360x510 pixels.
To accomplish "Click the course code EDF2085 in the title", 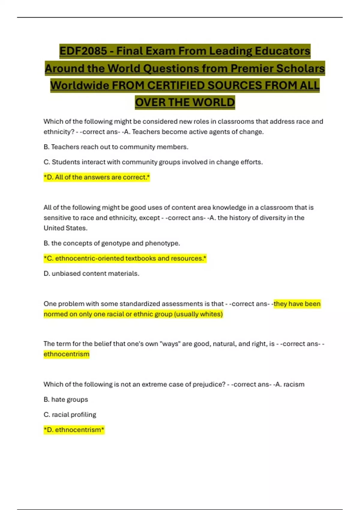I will [83, 51].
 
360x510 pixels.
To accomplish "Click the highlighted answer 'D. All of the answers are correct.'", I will [97, 177].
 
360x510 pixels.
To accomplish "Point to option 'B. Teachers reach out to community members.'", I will [116, 147].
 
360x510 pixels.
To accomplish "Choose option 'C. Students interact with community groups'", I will [153, 162].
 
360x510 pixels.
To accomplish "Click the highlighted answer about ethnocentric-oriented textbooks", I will [125, 258].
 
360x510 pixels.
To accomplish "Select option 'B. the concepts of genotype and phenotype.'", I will [112, 243].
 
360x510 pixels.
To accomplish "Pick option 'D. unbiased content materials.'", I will [91, 274].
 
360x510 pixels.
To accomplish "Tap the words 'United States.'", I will [65, 228].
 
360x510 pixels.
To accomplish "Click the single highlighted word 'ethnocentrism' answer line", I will [66, 354].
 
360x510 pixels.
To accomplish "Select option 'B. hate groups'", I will [66, 400].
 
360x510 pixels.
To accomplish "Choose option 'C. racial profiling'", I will [70, 415].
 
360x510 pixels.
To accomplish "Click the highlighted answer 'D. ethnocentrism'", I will [74, 430].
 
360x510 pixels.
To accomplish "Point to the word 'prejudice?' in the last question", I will [209, 384].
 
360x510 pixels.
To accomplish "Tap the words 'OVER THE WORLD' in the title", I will [185, 103].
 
